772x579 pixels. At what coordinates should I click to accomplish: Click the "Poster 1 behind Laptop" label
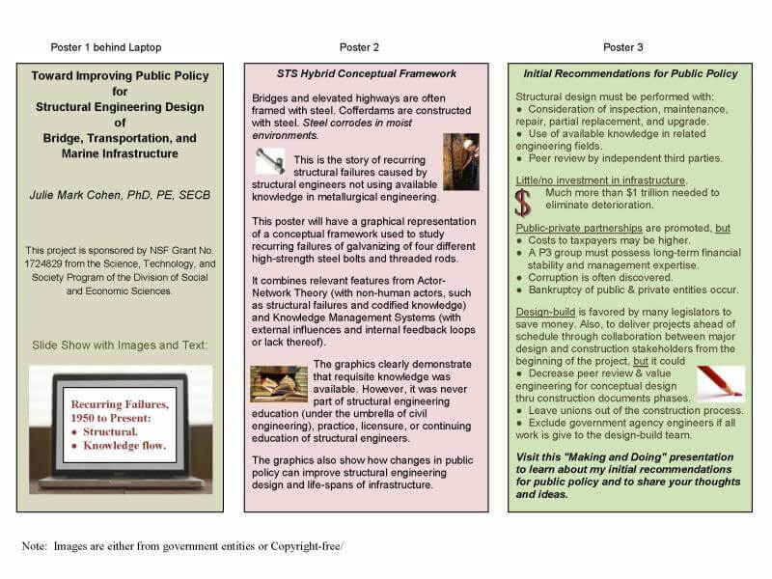[x=106, y=47]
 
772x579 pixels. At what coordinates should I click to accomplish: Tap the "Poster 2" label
[x=359, y=47]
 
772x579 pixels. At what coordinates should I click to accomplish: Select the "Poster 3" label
[x=623, y=47]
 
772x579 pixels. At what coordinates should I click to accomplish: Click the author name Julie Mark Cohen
[x=120, y=196]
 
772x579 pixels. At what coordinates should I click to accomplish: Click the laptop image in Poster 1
[x=121, y=428]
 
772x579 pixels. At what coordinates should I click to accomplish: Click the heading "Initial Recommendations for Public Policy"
[x=630, y=73]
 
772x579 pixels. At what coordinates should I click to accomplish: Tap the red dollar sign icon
[x=523, y=202]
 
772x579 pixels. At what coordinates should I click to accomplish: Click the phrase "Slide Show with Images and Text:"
[x=120, y=345]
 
